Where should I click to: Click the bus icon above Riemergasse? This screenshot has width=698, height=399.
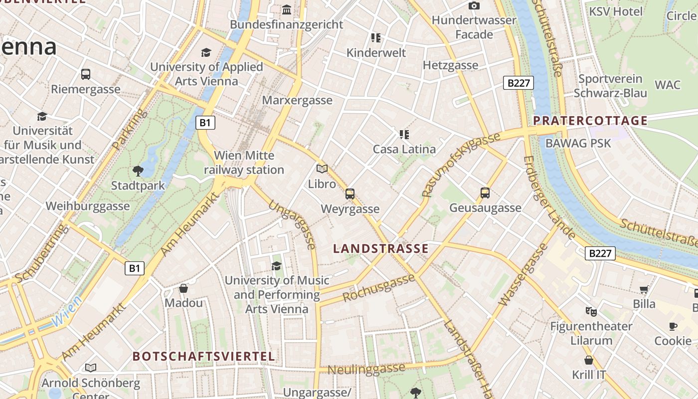click(86, 74)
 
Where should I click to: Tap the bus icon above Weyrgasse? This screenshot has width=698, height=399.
click(350, 194)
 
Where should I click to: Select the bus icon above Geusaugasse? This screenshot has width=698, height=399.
click(485, 193)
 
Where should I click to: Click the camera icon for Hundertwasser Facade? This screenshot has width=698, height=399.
click(474, 5)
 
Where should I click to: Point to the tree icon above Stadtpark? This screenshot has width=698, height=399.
click(138, 171)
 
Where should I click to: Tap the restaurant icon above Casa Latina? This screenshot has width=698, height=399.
click(404, 134)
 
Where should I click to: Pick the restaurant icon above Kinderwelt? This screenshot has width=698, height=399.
click(376, 38)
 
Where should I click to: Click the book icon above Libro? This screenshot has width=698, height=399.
click(322, 169)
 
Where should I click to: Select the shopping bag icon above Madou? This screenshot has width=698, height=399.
click(183, 288)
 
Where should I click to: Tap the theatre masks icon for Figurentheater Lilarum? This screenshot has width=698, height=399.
click(591, 312)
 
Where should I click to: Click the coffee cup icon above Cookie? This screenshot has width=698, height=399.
click(673, 327)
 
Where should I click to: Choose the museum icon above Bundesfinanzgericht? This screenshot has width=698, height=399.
click(287, 9)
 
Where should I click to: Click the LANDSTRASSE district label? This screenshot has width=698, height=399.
click(381, 248)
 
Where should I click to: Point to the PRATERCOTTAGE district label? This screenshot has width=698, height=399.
click(590, 120)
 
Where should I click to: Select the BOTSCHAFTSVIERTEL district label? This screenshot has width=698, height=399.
click(204, 356)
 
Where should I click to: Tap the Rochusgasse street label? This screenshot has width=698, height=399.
click(379, 288)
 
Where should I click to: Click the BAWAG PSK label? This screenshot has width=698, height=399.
click(578, 143)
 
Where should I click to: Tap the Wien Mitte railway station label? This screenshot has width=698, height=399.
click(244, 163)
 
